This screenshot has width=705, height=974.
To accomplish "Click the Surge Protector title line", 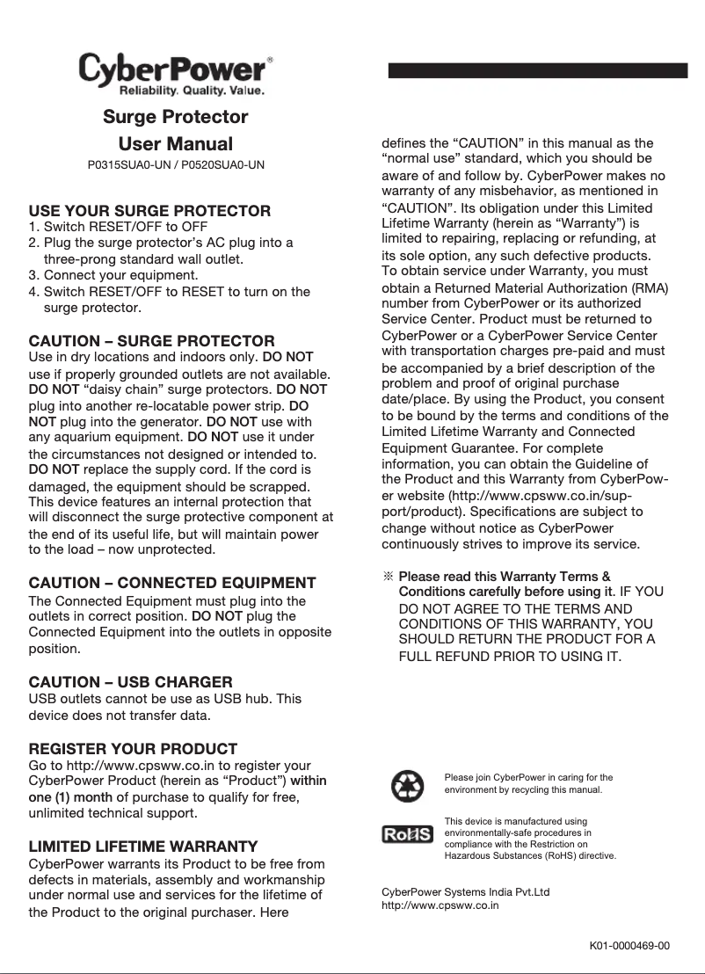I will pyautogui.click(x=176, y=117).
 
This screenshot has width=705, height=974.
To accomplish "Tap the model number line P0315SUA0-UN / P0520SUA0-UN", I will pyautogui.click(x=176, y=165).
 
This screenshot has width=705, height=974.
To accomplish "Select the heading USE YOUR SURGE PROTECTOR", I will pyautogui.click(x=149, y=211).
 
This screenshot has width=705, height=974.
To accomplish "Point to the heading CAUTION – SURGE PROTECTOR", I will pyautogui.click(x=151, y=341).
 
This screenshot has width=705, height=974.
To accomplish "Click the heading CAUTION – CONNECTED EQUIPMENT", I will pyautogui.click(x=172, y=583).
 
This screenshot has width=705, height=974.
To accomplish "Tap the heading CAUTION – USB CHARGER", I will pyautogui.click(x=131, y=682).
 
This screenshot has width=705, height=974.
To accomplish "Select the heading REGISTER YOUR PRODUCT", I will pyautogui.click(x=133, y=749).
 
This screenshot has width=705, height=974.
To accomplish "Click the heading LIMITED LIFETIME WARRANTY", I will pyautogui.click(x=143, y=847).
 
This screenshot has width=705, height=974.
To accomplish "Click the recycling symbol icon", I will pyautogui.click(x=407, y=785).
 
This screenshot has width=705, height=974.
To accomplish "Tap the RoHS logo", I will pyautogui.click(x=407, y=833).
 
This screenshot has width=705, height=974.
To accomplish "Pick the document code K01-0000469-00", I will pyautogui.click(x=629, y=946).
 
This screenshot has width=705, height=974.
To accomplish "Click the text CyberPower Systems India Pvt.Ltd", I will pyautogui.click(x=465, y=891).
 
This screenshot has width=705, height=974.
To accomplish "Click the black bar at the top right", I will pyautogui.click(x=537, y=71).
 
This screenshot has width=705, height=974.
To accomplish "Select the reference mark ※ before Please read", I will pyautogui.click(x=387, y=577).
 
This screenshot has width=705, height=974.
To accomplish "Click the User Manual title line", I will pyautogui.click(x=176, y=143).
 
